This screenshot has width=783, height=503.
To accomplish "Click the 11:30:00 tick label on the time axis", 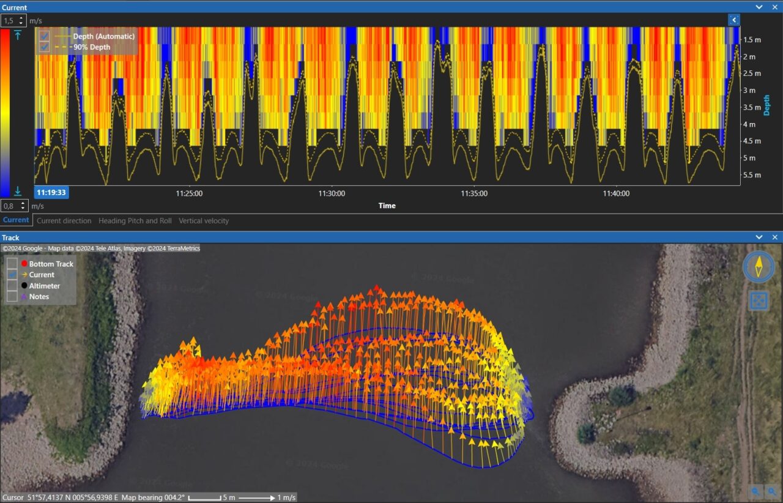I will tap(332, 193).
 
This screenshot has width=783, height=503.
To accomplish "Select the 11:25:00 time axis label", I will tap(190, 193).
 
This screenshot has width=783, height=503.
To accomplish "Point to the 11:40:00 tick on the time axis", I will tap(616, 193).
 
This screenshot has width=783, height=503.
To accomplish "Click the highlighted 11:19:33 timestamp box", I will tap(51, 192).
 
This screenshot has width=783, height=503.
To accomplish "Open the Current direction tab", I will tap(64, 221).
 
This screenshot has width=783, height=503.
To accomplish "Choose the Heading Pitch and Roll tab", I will tap(135, 221).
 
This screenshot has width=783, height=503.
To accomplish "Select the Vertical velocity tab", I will tap(204, 221).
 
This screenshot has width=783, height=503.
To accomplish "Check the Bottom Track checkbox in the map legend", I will tap(12, 264).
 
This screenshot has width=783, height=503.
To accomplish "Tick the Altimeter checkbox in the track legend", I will tap(12, 286).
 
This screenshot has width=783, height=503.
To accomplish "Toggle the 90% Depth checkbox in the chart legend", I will tap(44, 47).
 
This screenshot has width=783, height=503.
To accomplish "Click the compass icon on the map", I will tap(759, 267).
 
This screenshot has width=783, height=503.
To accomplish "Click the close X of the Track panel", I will tap(774, 237).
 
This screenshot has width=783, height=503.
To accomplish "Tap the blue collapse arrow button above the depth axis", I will tap(734, 20).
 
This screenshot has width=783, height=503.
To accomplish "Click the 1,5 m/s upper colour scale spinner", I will tap(13, 21).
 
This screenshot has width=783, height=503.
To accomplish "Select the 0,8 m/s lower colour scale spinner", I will tap(13, 206).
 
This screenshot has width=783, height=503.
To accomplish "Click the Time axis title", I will tap(387, 206).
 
